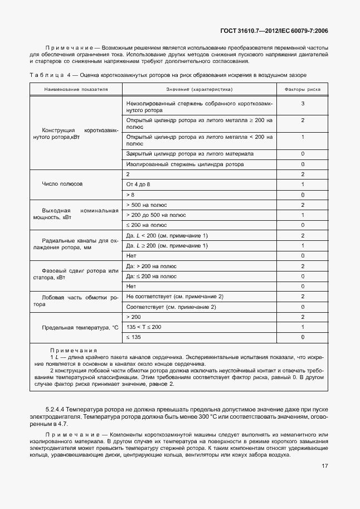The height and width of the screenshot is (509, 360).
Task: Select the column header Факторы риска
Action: pos(302,89)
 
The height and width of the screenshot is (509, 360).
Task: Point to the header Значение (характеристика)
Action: pos(199,89)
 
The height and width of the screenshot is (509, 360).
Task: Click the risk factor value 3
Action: pos(302,104)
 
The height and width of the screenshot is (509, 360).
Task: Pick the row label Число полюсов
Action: pos(62,184)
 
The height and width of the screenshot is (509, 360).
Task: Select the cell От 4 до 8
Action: pos(139,184)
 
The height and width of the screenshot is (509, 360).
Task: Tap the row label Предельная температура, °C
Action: pos(77,327)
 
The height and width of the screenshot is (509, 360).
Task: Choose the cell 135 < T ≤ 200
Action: pos(144,327)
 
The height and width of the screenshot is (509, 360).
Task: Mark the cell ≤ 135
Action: pos(134,337)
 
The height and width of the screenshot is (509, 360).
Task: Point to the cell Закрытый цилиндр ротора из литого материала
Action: pos(190,153)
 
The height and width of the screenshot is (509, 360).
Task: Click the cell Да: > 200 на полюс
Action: pos(150,266)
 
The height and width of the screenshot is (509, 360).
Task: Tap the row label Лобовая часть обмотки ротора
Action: pos(77,301)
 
